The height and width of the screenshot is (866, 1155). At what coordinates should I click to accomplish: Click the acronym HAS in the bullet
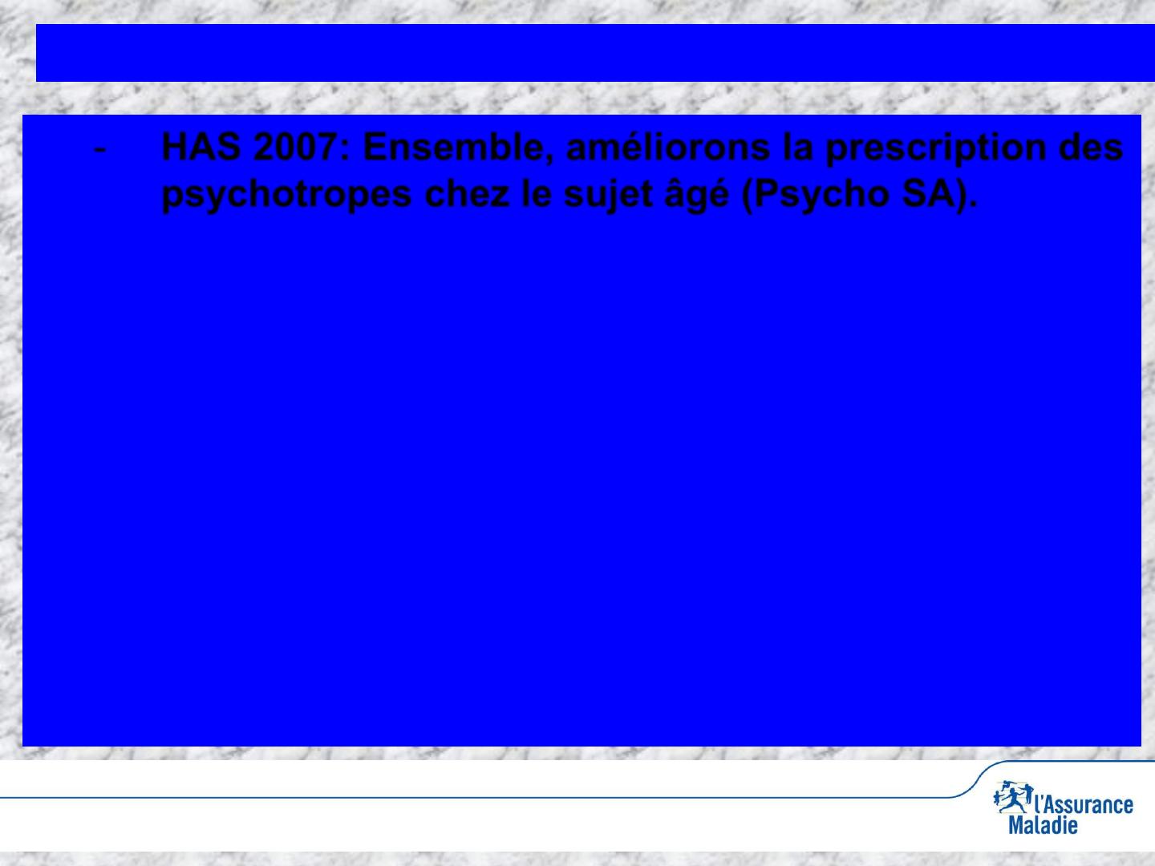point(201,147)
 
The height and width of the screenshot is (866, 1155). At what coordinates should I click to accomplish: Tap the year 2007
point(294,147)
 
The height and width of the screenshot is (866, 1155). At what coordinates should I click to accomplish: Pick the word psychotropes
point(286,195)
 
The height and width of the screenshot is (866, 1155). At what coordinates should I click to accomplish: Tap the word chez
point(467,193)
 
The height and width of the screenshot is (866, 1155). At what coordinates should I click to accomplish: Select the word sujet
point(608,195)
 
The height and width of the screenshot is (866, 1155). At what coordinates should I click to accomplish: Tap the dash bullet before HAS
point(99,151)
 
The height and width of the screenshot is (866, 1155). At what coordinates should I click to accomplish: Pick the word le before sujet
point(537,193)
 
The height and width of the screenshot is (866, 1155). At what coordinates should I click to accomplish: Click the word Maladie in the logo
point(1043,825)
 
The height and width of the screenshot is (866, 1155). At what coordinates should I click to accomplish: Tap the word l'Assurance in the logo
point(1083,804)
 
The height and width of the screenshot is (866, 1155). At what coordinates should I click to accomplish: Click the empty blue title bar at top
point(595,53)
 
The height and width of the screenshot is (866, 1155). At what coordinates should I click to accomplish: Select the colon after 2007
point(345,150)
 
